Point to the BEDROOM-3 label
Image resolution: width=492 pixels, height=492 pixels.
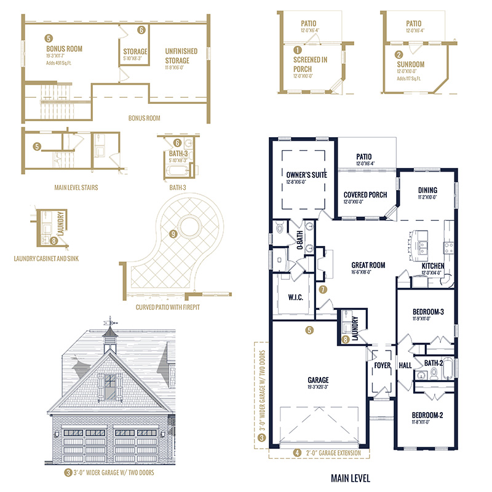pyautogui.click(x=425, y=312)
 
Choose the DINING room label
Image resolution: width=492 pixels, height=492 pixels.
pyautogui.click(x=427, y=190)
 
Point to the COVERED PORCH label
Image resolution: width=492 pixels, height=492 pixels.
pyautogui.click(x=365, y=194)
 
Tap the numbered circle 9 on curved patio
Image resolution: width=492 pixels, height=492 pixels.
pyautogui.click(x=174, y=234)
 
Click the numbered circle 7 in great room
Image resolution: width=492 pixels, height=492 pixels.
pyautogui.click(x=323, y=288)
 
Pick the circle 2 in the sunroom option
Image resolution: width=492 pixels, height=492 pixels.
pyautogui.click(x=399, y=55)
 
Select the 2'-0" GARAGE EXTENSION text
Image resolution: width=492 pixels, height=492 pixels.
pyautogui.click(x=328, y=454)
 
